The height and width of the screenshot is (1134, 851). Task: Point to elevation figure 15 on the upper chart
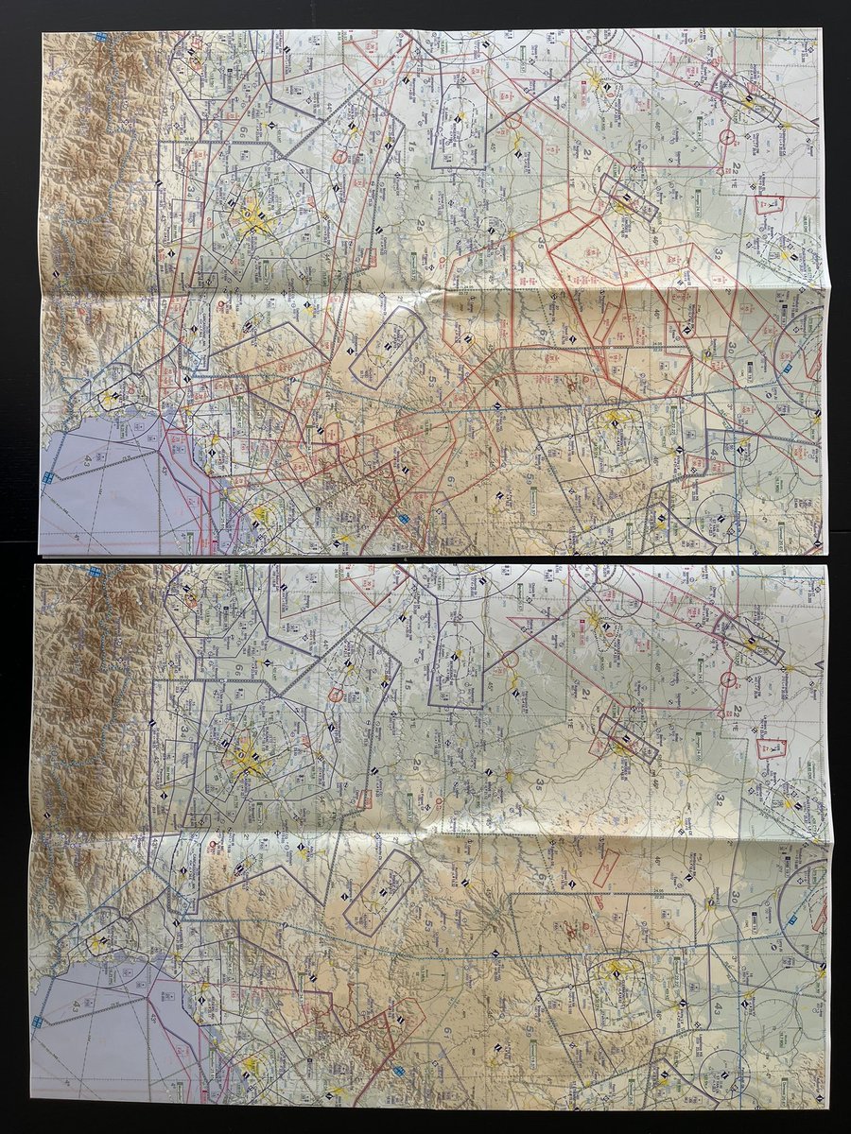click(411, 148)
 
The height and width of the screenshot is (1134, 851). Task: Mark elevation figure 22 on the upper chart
click(741, 167)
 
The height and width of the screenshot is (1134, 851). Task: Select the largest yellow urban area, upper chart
click(252, 223)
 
